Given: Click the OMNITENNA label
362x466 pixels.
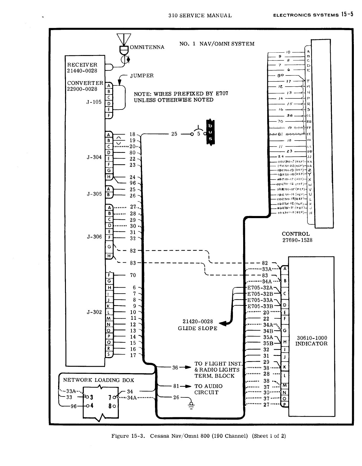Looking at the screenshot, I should point(147,47).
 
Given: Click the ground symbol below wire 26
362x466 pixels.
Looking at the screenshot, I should point(190,404).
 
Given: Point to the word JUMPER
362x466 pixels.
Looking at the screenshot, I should point(142,76).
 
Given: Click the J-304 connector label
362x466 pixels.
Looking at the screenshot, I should point(94,157).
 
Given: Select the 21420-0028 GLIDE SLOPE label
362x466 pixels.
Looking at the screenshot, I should point(197,325).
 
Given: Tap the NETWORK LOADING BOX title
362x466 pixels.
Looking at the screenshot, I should point(98,380).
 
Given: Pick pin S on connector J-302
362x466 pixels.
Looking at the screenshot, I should point(109,355).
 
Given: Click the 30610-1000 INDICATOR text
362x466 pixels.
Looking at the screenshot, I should point(311,341).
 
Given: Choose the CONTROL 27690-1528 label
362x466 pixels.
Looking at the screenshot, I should point(297,237).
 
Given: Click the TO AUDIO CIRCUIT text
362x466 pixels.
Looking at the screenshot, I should point(208,389).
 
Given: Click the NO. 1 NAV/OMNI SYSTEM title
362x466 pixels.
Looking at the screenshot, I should point(217,44).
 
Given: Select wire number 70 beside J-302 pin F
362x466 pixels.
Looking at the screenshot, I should point(133,275).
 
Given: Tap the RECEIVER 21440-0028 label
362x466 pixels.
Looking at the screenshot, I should point(82,68).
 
